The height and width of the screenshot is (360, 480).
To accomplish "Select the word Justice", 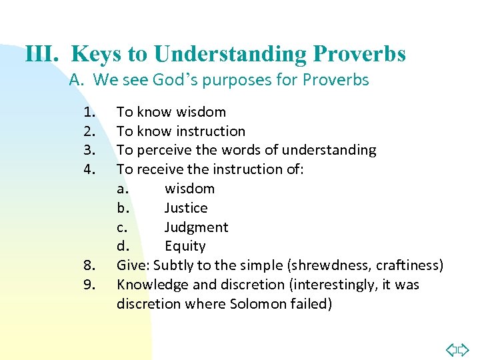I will (186, 208).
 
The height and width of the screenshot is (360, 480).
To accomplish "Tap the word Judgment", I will (196, 227).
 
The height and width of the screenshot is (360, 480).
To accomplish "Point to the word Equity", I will (185, 247).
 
